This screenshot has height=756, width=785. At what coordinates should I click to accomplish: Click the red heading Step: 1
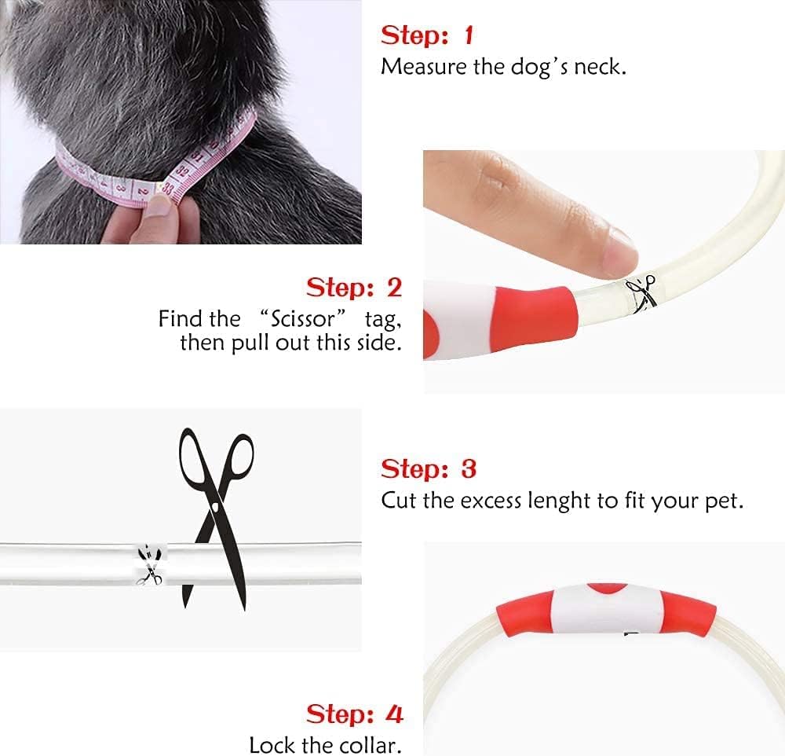pyautogui.click(x=426, y=36)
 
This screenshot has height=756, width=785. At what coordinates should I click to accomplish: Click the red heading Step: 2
pyautogui.click(x=354, y=288)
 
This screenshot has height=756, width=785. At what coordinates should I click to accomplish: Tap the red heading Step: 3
pyautogui.click(x=429, y=469)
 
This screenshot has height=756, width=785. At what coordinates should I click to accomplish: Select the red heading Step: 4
pyautogui.click(x=355, y=714)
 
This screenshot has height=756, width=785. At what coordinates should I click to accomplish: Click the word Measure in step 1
pyautogui.click(x=424, y=67)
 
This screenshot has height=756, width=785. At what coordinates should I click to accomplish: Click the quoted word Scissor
pyautogui.click(x=303, y=319)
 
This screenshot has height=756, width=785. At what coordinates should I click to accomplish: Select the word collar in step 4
pyautogui.click(x=370, y=745)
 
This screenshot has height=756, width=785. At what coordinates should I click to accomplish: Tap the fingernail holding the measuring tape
pyautogui.click(x=161, y=205)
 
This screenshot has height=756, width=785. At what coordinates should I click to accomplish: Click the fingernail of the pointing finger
pyautogui.click(x=620, y=250)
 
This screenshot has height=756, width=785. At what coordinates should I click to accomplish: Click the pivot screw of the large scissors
pyautogui.click(x=215, y=508)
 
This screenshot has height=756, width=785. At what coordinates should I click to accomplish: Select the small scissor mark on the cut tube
pyautogui.click(x=149, y=566)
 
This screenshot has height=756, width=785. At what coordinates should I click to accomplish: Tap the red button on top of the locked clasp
pyautogui.click(x=607, y=589)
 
